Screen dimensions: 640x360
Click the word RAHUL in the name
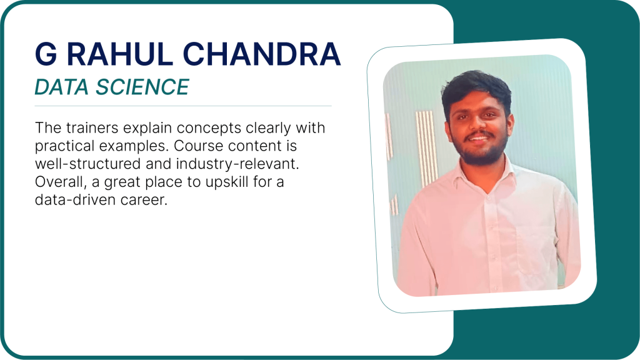[x=119, y=54]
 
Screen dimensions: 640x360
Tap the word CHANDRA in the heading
[x=262, y=54]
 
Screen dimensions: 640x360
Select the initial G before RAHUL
[x=46, y=54]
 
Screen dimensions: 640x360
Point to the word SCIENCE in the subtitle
[x=142, y=87]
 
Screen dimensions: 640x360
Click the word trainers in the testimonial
[x=92, y=127]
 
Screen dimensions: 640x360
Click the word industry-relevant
[x=237, y=164]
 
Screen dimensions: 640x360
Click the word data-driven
[x=76, y=199]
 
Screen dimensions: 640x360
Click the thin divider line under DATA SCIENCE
[x=183, y=106]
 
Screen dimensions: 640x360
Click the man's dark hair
[x=476, y=87]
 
